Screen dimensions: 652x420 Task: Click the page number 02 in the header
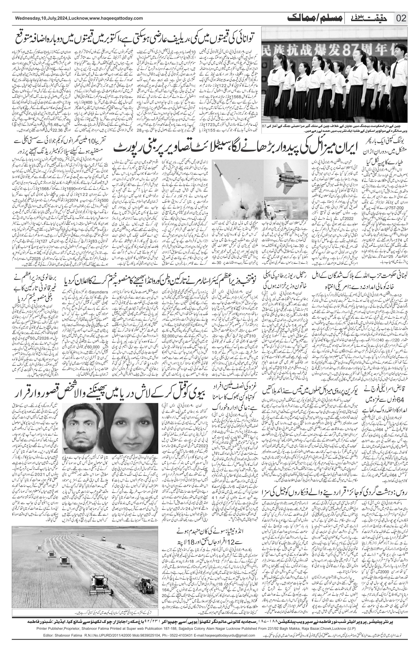(401, 18)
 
